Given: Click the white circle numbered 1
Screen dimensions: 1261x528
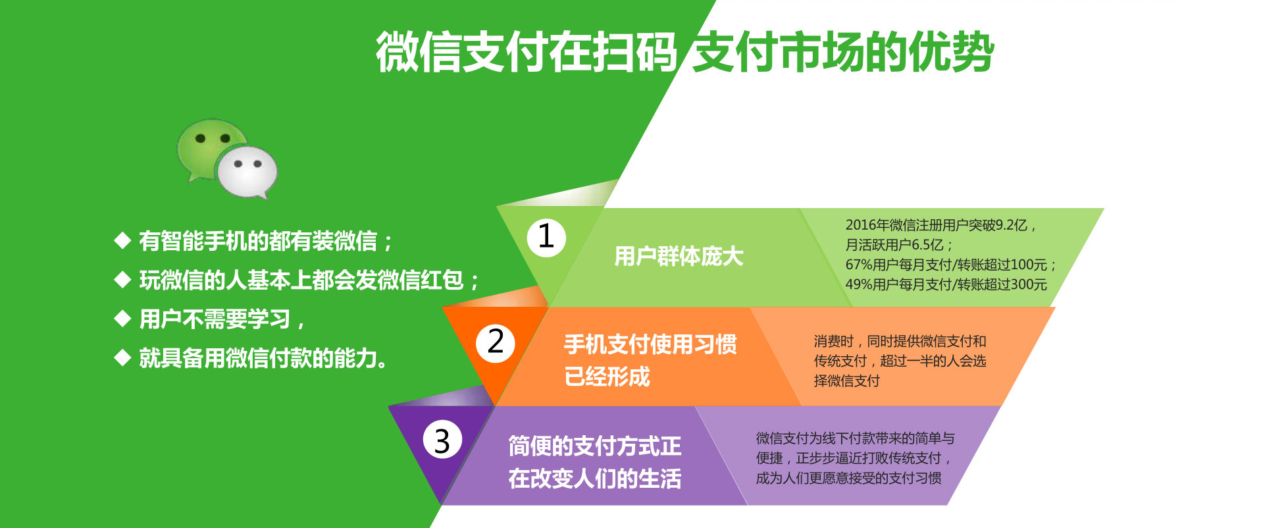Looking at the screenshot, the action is [x=546, y=237].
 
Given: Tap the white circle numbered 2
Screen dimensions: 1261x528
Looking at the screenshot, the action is [x=496, y=342].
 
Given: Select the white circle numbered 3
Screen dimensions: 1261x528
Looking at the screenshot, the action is [x=442, y=440].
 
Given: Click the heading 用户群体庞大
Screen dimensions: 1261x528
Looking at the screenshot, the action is [x=679, y=256].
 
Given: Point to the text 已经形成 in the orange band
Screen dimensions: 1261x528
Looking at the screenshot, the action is [x=607, y=377].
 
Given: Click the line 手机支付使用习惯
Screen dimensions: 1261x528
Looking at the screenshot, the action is [x=650, y=344].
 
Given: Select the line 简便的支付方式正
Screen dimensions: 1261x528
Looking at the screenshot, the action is [x=595, y=446].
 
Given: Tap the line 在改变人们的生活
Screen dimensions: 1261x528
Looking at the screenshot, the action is [x=595, y=479].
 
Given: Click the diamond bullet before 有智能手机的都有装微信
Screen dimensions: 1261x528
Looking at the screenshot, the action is [x=122, y=240].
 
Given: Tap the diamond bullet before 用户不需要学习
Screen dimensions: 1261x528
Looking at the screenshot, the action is [x=122, y=319].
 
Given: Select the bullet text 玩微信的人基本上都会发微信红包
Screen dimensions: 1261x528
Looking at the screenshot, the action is [x=309, y=280].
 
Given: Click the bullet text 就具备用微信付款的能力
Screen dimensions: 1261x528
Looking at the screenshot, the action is [x=263, y=358].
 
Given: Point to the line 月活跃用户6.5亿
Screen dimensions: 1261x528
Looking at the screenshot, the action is [x=899, y=245].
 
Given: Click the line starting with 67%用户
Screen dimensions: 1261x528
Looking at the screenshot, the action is [x=950, y=265].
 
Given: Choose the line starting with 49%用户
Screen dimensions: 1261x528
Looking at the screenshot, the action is [x=946, y=284].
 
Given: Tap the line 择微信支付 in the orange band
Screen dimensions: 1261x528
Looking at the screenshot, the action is [x=846, y=381].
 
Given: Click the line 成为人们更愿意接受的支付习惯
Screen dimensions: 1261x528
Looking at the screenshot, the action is [x=848, y=478].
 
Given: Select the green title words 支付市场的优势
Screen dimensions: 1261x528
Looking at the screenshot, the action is [x=843, y=52].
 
